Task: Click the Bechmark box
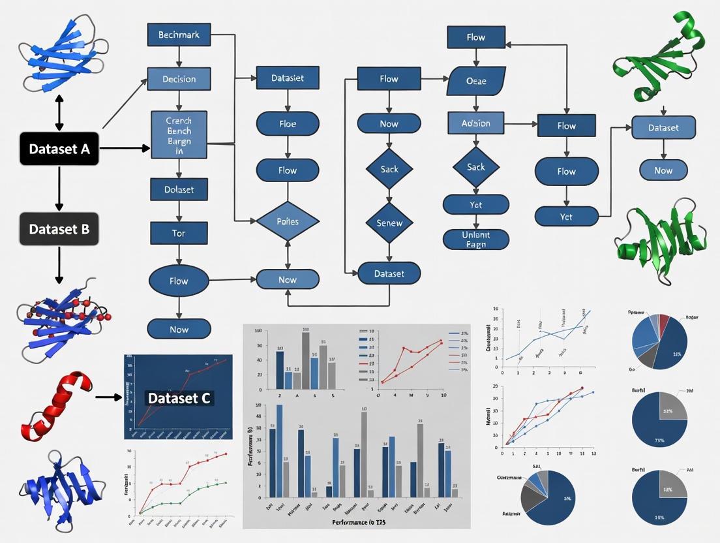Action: pos(179,35)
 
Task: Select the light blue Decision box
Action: pos(179,79)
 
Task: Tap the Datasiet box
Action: pos(288,78)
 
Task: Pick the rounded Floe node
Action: pos(288,123)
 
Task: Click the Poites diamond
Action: pos(288,221)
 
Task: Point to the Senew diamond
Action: pos(389,223)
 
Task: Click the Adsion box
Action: pos(476,123)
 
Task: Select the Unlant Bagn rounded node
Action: pos(475,239)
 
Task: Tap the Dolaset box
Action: pos(179,189)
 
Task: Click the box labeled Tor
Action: pos(179,233)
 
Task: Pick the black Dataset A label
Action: pos(59,148)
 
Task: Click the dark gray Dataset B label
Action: pos(59,229)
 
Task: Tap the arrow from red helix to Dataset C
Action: pos(108,396)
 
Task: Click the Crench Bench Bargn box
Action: pos(179,134)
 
